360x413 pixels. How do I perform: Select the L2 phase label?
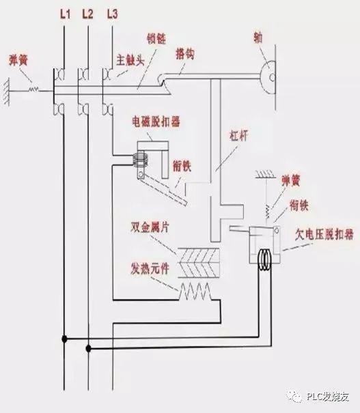87,13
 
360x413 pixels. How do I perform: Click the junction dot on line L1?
64,338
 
